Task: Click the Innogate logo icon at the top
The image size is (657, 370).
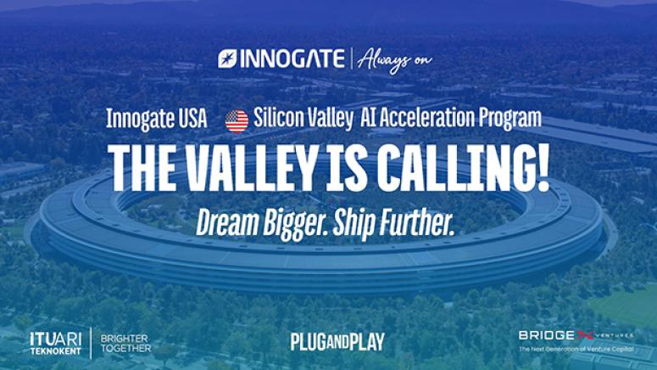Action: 227,59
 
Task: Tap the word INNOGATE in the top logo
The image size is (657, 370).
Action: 292,59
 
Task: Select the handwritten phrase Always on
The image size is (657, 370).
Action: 394,61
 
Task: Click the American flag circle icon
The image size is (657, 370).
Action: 237,121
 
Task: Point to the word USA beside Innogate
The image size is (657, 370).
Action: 192,119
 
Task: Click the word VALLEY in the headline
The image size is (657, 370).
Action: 251,168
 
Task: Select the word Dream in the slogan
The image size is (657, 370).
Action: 227,222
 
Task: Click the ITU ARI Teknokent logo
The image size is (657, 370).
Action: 56,343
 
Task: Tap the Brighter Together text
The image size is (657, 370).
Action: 125,343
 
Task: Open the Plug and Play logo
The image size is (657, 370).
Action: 337,342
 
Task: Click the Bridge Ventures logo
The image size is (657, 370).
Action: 576,340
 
